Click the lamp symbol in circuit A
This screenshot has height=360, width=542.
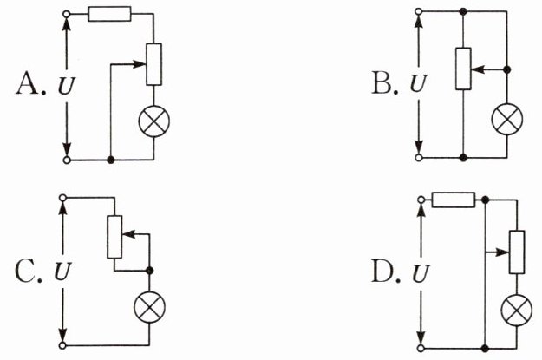coord(154,121)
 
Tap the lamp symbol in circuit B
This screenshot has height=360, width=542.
coord(507,119)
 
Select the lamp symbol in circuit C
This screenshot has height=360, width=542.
coord(150,307)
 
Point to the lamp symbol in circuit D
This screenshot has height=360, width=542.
coord(517,311)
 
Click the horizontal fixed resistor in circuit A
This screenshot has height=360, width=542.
coord(109,14)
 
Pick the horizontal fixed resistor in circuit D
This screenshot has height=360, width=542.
coord(454,200)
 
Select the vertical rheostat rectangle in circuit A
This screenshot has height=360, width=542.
coord(153,64)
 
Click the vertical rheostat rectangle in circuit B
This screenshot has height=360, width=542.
coord(463,69)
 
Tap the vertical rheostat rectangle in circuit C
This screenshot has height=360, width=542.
coord(114,237)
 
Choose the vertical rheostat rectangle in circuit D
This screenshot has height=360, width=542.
coord(517,252)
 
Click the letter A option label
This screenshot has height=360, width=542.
coord(28,83)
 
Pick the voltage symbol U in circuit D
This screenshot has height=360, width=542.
coord(421,274)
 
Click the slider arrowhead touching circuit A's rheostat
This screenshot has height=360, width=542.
coord(140,64)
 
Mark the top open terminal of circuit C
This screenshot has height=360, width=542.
coord(62,198)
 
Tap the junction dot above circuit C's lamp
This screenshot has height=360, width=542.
coord(149,271)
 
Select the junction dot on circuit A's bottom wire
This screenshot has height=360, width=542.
coord(111,160)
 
